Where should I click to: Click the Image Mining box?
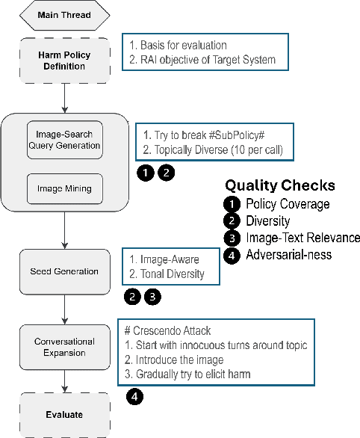[x=63, y=189]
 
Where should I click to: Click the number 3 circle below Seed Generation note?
[x=151, y=297]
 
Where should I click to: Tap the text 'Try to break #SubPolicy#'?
[x=202, y=135]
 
